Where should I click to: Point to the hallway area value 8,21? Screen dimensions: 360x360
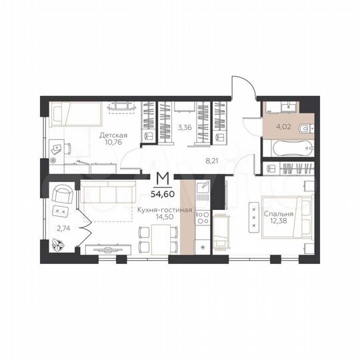tap(212, 161)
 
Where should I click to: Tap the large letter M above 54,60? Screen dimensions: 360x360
tap(161, 179)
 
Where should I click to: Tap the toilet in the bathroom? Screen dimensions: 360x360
tap(305, 129)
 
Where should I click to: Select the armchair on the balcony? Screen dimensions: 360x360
tap(63, 195)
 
